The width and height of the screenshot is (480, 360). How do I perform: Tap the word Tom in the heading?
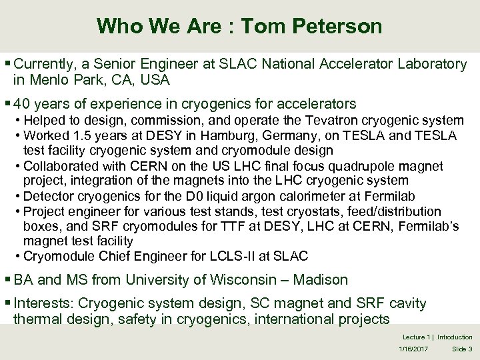264,26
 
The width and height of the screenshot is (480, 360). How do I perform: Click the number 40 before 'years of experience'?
22,104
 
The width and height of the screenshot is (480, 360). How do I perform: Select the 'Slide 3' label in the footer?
461,349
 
